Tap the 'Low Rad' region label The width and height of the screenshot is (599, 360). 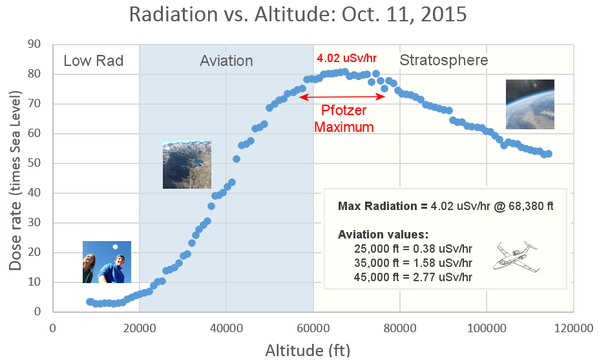[93, 61]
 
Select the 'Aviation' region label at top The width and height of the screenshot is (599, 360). [226, 61]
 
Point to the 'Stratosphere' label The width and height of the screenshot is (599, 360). [443, 61]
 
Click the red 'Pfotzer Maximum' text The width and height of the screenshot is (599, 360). [344, 119]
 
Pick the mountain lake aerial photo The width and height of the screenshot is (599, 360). [187, 165]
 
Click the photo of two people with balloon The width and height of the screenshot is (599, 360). [107, 262]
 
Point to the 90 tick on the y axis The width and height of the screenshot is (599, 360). [34, 45]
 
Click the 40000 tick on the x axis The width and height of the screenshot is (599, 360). [226, 327]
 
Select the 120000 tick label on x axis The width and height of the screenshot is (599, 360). [573, 327]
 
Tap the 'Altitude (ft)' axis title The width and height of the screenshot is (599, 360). [308, 350]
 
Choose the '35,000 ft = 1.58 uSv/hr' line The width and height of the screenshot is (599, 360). [413, 263]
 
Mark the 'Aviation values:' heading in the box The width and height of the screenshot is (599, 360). [383, 234]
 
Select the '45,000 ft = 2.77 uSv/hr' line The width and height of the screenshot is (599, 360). [413, 277]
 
